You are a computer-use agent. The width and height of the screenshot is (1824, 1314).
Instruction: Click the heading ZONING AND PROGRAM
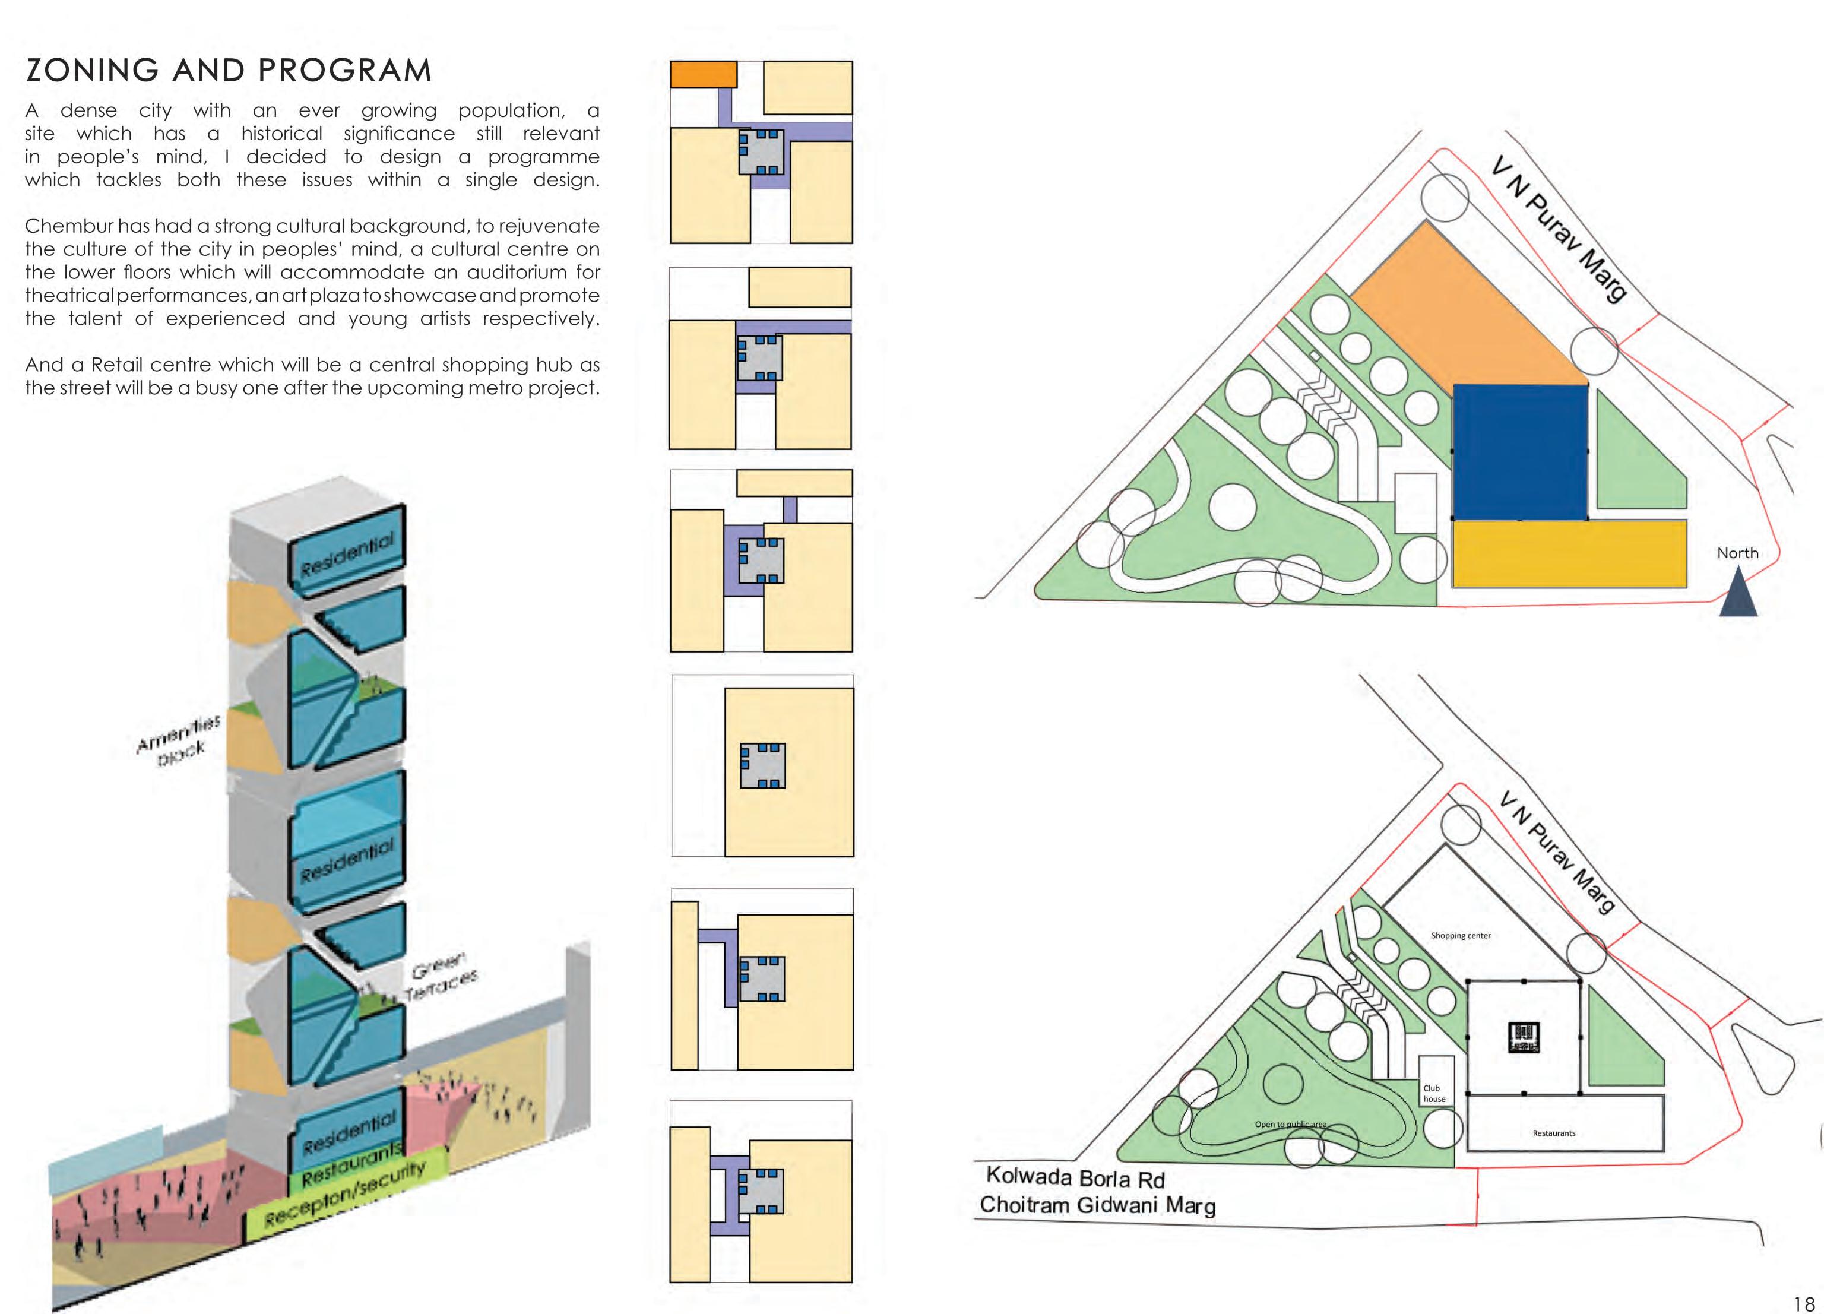(229, 71)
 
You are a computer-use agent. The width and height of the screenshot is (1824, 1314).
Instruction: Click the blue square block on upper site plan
(1520, 452)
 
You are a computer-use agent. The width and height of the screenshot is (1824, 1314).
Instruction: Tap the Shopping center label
(1461, 935)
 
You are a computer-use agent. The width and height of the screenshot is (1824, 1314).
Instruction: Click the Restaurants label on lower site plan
(1554, 1133)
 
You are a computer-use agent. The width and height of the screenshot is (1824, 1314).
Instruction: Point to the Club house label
(1434, 1094)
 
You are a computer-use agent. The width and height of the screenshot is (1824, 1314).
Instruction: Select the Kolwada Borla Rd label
(1075, 1178)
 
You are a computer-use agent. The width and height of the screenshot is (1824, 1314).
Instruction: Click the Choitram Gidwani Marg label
(1097, 1205)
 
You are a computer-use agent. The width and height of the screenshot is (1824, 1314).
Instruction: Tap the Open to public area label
(1291, 1124)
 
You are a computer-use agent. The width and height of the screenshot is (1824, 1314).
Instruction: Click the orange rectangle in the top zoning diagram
(703, 74)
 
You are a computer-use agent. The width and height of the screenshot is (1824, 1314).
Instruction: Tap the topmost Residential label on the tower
(347, 555)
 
